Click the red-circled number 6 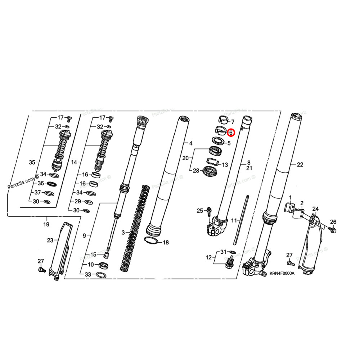[x=231, y=132]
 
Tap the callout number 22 [x=300, y=165]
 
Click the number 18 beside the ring [x=166, y=243]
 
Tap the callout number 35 [x=32, y=162]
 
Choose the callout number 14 [x=74, y=162]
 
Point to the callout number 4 [x=191, y=143]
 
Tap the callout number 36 [x=41, y=183]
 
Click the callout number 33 [x=87, y=275]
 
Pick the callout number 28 [x=195, y=170]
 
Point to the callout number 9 [x=84, y=235]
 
